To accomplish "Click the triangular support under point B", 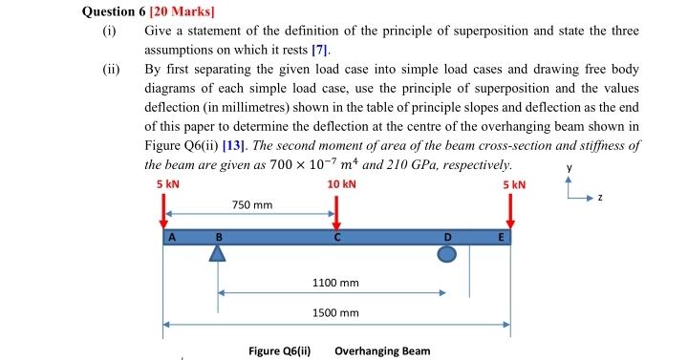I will pyautogui.click(x=219, y=253).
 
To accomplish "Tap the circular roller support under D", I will pyautogui.click(x=447, y=254).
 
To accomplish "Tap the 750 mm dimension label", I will pyautogui.click(x=252, y=205).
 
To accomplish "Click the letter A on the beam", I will pyautogui.click(x=173, y=237).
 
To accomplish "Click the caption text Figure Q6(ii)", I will pyautogui.click(x=280, y=350).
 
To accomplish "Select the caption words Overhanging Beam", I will pyautogui.click(x=382, y=350).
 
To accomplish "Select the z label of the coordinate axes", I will pyautogui.click(x=601, y=196).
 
